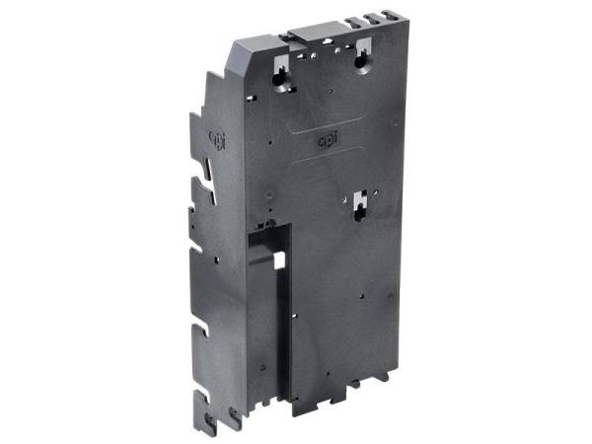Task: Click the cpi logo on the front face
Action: pyautogui.click(x=328, y=141)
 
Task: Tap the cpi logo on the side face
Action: pyautogui.click(x=218, y=140)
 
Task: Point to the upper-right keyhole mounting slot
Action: pyautogui.click(x=363, y=56)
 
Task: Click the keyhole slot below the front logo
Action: pyautogui.click(x=360, y=206)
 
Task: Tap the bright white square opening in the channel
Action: pyautogui.click(x=279, y=260)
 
